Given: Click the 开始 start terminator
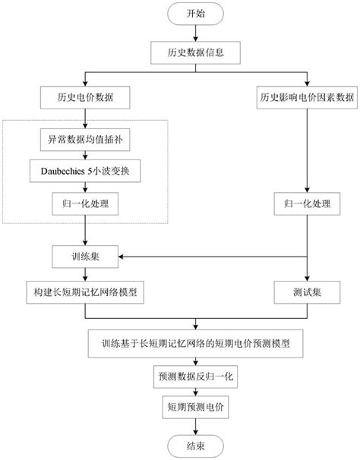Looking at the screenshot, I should click(195, 13).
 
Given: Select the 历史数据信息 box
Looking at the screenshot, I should click(195, 54).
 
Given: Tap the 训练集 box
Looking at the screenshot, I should click(85, 257).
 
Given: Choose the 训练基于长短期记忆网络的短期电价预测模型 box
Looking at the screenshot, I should click(195, 343).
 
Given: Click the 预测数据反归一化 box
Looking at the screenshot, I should click(195, 376).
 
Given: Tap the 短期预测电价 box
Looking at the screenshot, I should click(195, 408).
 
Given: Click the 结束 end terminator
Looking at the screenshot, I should click(195, 445).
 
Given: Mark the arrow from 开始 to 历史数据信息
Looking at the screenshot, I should click(195, 33).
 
